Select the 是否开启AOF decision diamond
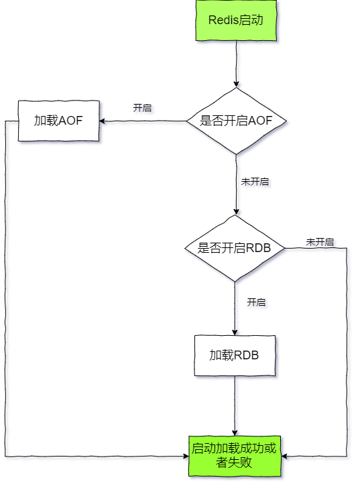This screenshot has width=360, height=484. pyautogui.click(x=235, y=121)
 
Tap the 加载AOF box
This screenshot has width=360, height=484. pyautogui.click(x=59, y=121)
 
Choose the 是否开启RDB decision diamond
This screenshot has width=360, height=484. pyautogui.click(x=235, y=248)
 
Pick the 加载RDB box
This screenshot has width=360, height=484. pyautogui.click(x=235, y=355)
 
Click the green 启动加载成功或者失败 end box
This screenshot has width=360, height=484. pyautogui.click(x=235, y=456)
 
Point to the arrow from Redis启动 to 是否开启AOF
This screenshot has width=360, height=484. pyautogui.click(x=235, y=64)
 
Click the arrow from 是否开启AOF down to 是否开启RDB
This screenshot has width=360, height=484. pyautogui.click(x=235, y=184)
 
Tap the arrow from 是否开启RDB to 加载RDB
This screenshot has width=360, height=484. pyautogui.click(x=235, y=308)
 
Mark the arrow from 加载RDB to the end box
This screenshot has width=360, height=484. pyautogui.click(x=235, y=406)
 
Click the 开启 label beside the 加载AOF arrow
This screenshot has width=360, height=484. pyautogui.click(x=142, y=107)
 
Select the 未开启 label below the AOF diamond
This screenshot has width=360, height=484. pyautogui.click(x=255, y=181)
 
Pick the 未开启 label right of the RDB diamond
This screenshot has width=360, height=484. pyautogui.click(x=320, y=241)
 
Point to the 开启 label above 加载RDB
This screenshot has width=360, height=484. pyautogui.click(x=256, y=302)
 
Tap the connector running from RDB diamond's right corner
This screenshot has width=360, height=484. pyautogui.click(x=347, y=349)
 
